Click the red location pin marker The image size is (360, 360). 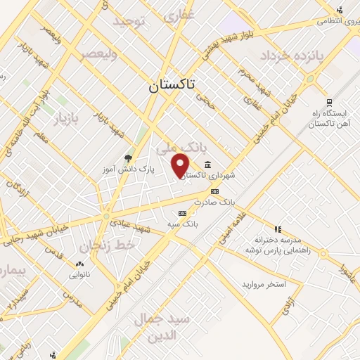180,165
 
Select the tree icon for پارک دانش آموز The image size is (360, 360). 128,158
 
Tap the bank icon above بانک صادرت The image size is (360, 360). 214,191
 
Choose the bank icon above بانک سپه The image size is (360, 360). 183,212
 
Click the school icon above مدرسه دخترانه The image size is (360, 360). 278,229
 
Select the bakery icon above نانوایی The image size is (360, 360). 79,264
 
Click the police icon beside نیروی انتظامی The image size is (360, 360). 340,10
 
